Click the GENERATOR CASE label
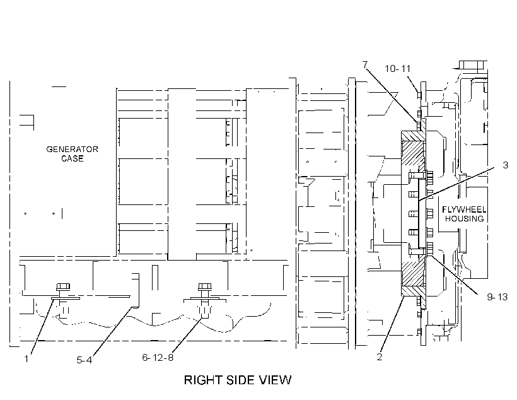[x=73, y=154]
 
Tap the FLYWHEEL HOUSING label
[x=464, y=214]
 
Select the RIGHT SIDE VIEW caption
[x=238, y=380]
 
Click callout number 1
[x=26, y=359]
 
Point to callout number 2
[x=380, y=356]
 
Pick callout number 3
[x=506, y=165]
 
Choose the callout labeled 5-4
[x=84, y=360]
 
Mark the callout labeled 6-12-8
[x=158, y=358]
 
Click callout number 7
[x=365, y=65]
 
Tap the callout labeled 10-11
[x=398, y=69]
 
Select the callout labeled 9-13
[x=497, y=297]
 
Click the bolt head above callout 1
[x=63, y=286]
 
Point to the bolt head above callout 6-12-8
[x=205, y=286]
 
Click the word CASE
[x=73, y=158]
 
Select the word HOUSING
[x=464, y=218]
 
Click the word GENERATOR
[x=73, y=149]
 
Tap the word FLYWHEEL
[x=464, y=209]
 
